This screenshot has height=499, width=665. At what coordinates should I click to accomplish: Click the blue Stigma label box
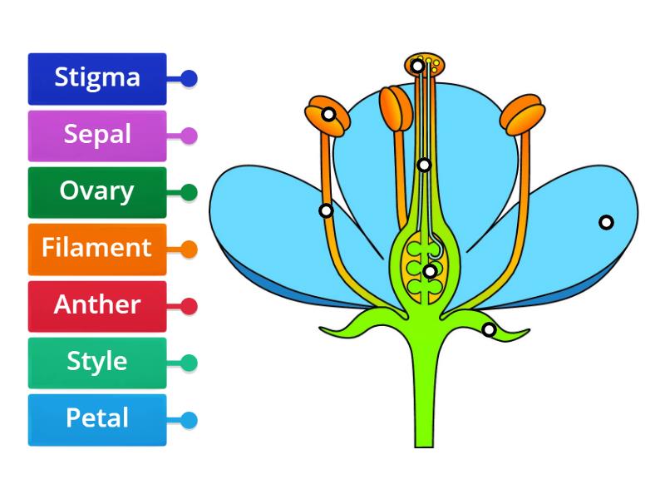pyautogui.click(x=97, y=78)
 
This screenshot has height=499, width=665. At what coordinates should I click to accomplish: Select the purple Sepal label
pyautogui.click(x=97, y=135)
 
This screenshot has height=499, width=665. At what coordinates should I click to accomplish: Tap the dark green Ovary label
pyautogui.click(x=97, y=192)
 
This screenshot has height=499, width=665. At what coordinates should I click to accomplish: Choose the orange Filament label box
pyautogui.click(x=97, y=249)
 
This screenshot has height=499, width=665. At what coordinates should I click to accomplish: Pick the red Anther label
pyautogui.click(x=97, y=305)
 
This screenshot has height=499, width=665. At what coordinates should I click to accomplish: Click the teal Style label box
pyautogui.click(x=97, y=363)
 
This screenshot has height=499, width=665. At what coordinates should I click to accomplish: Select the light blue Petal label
pyautogui.click(x=97, y=419)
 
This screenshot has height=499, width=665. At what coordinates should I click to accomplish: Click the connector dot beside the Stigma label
pyautogui.click(x=189, y=79)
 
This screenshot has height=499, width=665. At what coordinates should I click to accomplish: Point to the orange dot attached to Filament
pyautogui.click(x=189, y=249)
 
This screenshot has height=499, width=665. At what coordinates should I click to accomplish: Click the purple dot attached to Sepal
pyautogui.click(x=189, y=136)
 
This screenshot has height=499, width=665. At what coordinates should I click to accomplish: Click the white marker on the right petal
pyautogui.click(x=606, y=222)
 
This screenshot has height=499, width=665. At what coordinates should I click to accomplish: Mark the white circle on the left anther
pyautogui.click(x=329, y=114)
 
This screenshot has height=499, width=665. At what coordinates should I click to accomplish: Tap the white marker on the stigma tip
pyautogui.click(x=417, y=66)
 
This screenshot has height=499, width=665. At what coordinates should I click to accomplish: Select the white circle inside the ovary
pyautogui.click(x=429, y=271)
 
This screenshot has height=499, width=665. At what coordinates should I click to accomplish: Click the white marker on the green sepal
pyautogui.click(x=489, y=330)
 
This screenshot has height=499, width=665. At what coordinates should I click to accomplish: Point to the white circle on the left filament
pyautogui.click(x=326, y=210)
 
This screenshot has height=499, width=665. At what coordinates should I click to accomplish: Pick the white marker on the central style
pyautogui.click(x=424, y=165)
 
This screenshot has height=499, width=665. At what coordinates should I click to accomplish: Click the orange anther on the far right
pyautogui.click(x=522, y=115)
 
